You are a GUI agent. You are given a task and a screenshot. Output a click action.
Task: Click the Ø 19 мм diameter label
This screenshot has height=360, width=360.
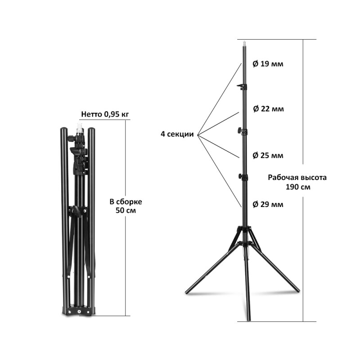tap(268, 63)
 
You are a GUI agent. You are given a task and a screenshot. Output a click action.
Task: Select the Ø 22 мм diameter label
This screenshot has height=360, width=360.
tap(268, 108)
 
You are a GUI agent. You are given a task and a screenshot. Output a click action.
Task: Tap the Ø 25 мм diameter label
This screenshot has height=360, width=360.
tap(268, 155)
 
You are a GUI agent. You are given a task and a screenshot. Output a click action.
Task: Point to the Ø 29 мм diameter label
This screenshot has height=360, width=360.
tap(268, 204)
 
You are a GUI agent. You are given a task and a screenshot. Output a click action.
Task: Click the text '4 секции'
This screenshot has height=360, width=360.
tap(177, 134)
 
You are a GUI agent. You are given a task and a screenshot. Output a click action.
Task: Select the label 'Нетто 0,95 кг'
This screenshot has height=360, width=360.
tap(105, 114)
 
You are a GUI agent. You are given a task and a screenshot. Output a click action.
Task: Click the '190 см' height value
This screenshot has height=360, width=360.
tap(298, 187)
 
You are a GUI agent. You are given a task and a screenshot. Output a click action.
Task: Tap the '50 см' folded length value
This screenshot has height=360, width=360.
tap(126, 210)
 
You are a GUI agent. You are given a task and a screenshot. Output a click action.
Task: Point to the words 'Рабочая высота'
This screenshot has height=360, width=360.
tap(297, 177)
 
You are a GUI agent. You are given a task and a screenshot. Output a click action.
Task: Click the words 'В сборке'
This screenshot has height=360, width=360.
tap(126, 202)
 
